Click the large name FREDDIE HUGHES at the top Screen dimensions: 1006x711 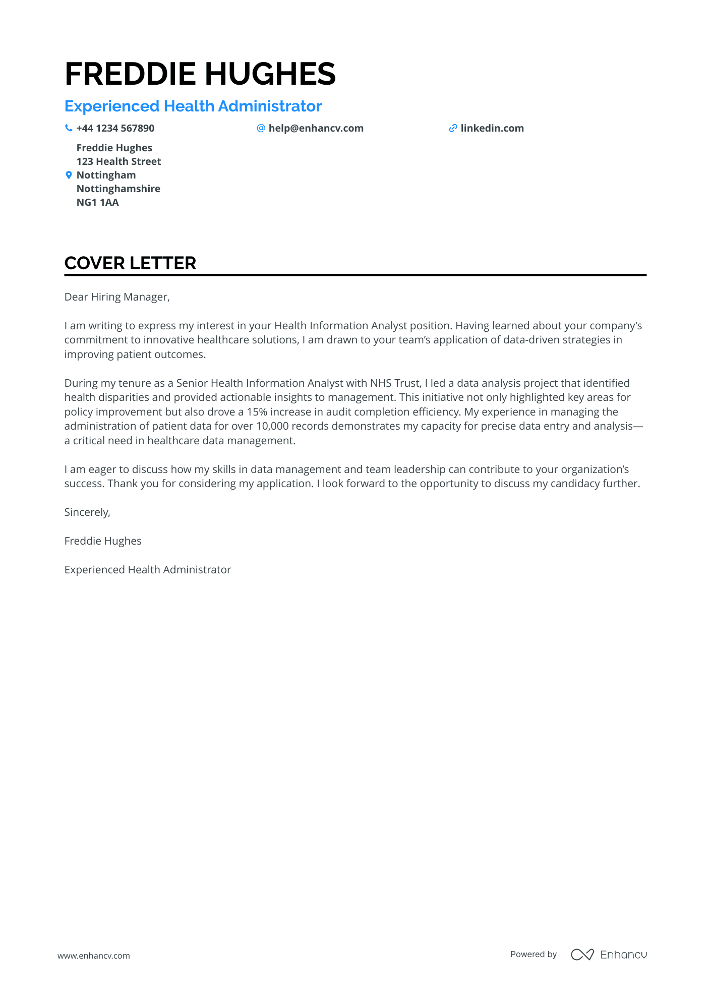click(x=200, y=74)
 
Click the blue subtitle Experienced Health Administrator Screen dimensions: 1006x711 click(x=193, y=106)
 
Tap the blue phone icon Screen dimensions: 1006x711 click(x=69, y=128)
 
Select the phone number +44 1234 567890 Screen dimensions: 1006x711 click(x=115, y=128)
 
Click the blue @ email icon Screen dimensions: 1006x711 click(x=261, y=128)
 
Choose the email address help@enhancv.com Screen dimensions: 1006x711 click(x=316, y=128)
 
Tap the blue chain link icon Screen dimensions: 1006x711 click(x=453, y=129)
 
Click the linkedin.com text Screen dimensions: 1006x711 click(x=492, y=128)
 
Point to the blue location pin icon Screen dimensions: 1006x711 click(x=69, y=175)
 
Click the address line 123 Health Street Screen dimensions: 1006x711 click(x=118, y=161)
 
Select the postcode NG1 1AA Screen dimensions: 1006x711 click(x=98, y=202)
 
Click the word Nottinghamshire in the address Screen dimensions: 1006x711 click(x=118, y=189)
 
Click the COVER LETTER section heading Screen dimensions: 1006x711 click(x=130, y=263)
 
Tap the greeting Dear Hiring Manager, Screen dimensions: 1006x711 click(x=117, y=297)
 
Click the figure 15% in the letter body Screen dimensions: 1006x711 click(x=257, y=412)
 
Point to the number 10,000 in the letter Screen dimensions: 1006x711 click(x=272, y=426)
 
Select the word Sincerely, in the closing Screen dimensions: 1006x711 click(x=87, y=512)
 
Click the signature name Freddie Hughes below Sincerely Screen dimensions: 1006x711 click(x=103, y=541)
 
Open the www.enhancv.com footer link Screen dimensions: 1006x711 click(x=94, y=956)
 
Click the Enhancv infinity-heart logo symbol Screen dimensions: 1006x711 click(x=582, y=955)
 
